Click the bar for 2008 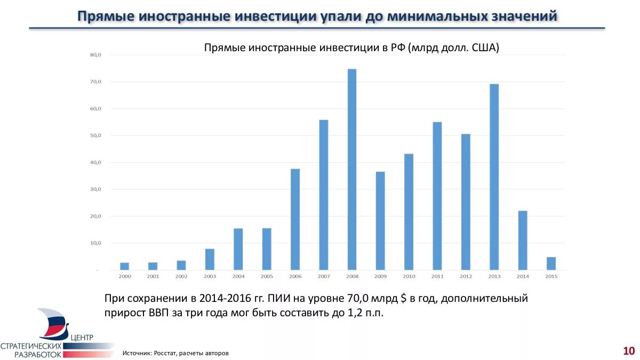352,170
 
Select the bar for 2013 494,177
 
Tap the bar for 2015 551,263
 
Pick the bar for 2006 295,219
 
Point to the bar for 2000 124,266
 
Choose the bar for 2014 523,241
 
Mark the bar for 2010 409,212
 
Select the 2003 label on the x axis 210,276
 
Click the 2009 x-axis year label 380,276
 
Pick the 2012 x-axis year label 466,276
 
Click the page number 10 628,350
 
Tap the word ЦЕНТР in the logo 82,337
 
